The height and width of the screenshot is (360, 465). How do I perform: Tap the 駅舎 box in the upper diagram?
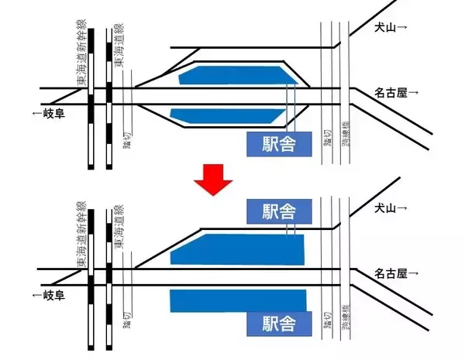coord(279,143)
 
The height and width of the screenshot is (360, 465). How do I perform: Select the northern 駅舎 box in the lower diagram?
coord(279,211)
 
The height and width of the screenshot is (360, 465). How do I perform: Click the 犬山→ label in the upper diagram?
coord(391,27)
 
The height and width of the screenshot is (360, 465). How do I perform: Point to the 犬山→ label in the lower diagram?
coord(391,208)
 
